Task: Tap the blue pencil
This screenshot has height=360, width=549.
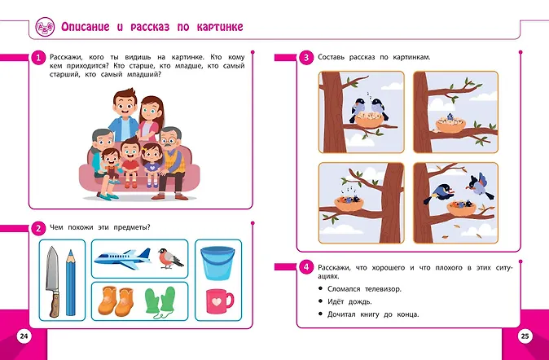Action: pyautogui.click(x=71, y=283)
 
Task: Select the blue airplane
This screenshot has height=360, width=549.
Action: pyautogui.click(x=123, y=259)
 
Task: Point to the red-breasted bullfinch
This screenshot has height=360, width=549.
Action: pyautogui.click(x=169, y=258)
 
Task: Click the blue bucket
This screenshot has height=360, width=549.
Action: pyautogui.click(x=217, y=262)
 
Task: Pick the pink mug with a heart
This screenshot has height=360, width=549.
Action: pyautogui.click(x=219, y=301)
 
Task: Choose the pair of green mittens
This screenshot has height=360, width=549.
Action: pyautogui.click(x=160, y=301)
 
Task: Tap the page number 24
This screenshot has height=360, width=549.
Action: pyautogui.click(x=24, y=336)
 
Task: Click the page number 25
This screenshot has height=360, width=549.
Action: pyautogui.click(x=525, y=336)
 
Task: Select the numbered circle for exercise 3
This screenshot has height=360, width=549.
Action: pyautogui.click(x=306, y=58)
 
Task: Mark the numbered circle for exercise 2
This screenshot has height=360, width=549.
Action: pyautogui.click(x=38, y=228)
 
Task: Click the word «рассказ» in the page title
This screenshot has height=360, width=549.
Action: pyautogui.click(x=150, y=27)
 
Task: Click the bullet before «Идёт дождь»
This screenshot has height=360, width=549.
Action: pyautogui.click(x=320, y=301)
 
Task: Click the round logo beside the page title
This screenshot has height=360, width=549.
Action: pyautogui.click(x=45, y=27)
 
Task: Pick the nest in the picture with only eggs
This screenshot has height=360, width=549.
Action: pyautogui.click(x=450, y=125)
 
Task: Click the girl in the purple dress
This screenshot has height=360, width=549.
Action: pyautogui.click(x=152, y=164)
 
